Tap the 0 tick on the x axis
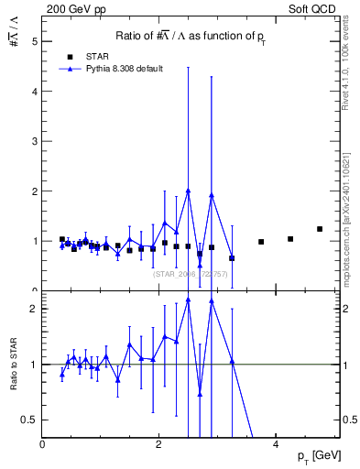[43, 444]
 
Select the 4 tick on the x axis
[276, 444]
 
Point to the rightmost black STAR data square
[320, 229]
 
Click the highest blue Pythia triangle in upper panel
[188, 191]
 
